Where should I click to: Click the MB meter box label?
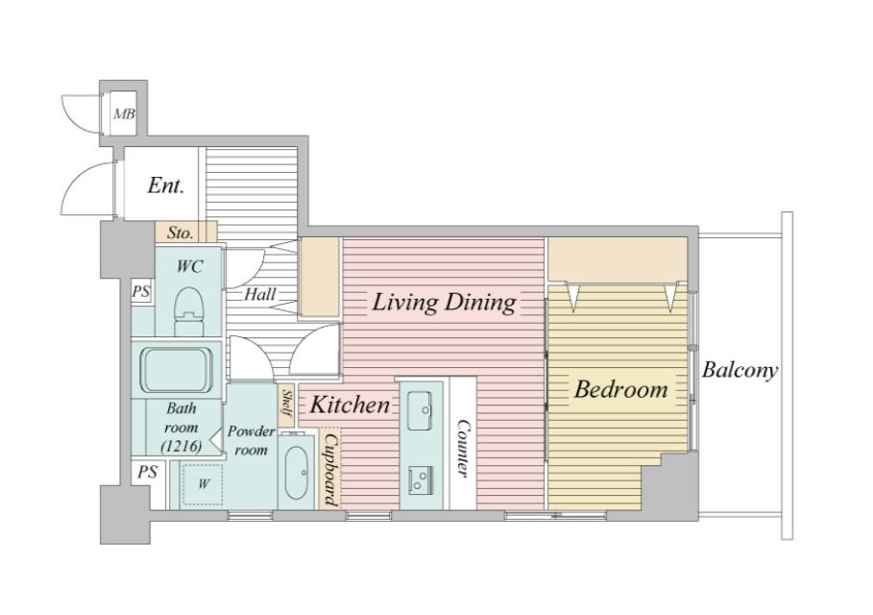(124, 114)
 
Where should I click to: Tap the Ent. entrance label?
(166, 184)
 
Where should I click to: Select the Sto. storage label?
(181, 233)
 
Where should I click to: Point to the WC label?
(190, 267)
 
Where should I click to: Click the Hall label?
(260, 294)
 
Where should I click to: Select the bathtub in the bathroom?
(177, 370)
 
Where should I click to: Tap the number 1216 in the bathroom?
(181, 446)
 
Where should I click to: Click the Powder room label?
(251, 440)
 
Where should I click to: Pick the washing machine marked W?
(204, 484)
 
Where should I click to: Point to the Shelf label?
(287, 404)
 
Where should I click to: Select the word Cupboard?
(330, 469)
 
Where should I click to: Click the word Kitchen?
(350, 405)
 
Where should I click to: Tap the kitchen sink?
(420, 411)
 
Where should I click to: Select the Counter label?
(463, 448)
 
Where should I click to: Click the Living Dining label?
(444, 303)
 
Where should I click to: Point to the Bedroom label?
(620, 389)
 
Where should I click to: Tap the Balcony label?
(740, 370)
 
